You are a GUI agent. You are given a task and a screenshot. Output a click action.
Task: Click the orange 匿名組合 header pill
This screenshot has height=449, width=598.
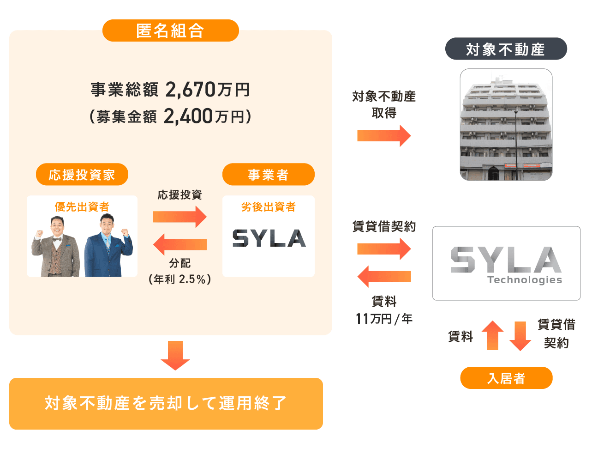[x=170, y=31]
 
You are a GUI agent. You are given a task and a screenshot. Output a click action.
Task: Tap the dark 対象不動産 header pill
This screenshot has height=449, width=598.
[x=506, y=49]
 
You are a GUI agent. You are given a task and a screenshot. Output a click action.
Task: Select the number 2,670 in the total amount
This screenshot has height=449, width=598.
[x=190, y=89]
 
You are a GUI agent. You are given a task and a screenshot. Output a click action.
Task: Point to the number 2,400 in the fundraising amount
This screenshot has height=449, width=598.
[x=188, y=116]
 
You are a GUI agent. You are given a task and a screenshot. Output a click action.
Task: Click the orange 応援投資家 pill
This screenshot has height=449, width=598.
[x=82, y=175]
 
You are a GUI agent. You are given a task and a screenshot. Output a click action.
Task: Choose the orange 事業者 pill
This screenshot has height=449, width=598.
[x=268, y=175]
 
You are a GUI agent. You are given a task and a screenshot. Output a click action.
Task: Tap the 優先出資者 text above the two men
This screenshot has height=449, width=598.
[x=82, y=206]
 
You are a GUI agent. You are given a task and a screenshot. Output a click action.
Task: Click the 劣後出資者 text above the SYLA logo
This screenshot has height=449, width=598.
[x=268, y=206]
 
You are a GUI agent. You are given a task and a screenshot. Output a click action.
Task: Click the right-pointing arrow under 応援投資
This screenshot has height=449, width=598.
[x=179, y=216]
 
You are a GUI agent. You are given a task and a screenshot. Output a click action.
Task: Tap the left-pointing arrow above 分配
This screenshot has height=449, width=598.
[x=179, y=244]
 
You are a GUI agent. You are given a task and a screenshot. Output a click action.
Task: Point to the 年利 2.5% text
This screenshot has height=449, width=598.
[x=180, y=279]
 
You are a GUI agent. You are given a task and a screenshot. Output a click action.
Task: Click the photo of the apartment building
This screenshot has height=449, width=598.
[x=506, y=124]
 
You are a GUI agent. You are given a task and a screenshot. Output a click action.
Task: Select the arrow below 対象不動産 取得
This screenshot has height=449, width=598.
[x=384, y=136]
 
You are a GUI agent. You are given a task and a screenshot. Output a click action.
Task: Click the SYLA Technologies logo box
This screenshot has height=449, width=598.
[x=506, y=263]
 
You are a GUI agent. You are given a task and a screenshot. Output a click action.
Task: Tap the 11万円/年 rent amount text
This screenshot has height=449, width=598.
[x=384, y=319]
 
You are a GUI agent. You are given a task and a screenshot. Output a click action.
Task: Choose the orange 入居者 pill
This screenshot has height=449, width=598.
[x=506, y=378]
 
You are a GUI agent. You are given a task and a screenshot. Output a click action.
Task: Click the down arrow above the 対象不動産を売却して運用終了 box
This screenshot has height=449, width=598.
[x=175, y=355]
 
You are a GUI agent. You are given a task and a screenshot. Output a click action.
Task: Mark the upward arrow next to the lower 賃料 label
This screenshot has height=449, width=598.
[x=492, y=335]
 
